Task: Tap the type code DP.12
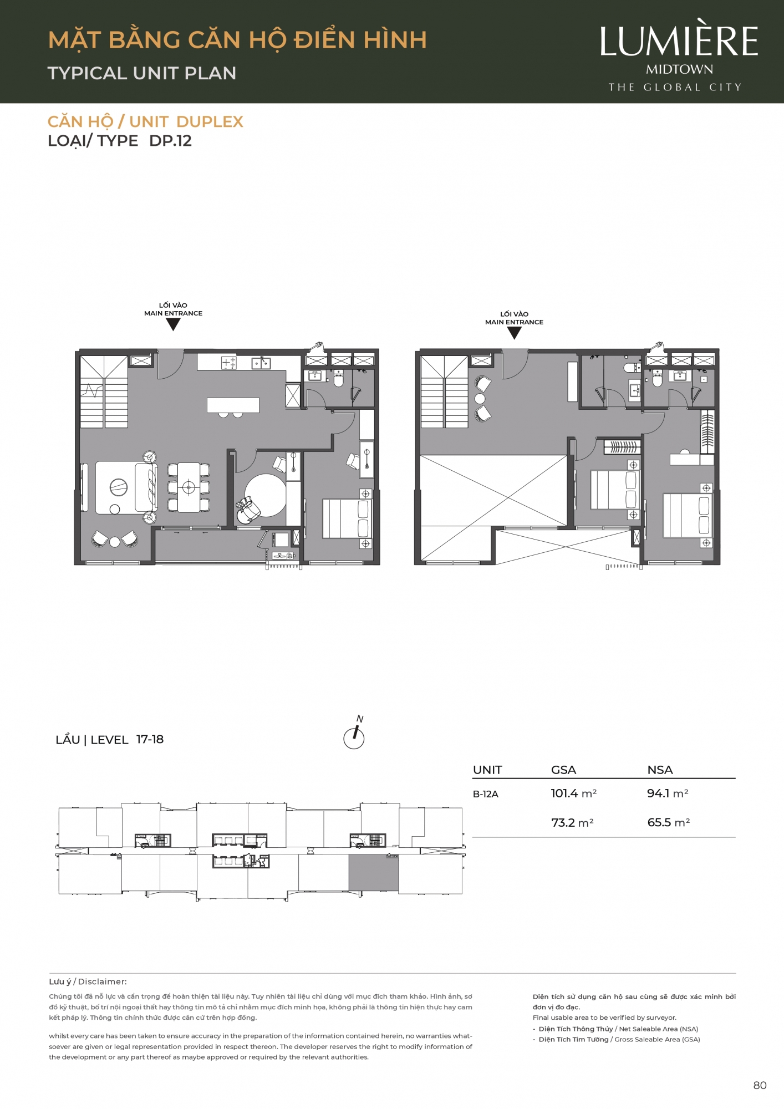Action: [170, 141]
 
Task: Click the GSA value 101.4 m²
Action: [574, 793]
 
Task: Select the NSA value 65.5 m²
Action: [669, 822]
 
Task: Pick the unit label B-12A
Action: [486, 794]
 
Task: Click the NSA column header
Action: [660, 770]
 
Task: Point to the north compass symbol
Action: [354, 732]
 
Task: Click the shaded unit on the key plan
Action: [373, 872]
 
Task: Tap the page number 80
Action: [760, 1086]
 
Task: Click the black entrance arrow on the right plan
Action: [514, 333]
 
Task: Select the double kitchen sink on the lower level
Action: [261, 363]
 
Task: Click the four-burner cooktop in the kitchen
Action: [228, 363]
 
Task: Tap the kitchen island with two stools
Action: [233, 406]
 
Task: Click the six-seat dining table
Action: [189, 487]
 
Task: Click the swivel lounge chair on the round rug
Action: [247, 510]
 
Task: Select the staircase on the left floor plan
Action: [104, 392]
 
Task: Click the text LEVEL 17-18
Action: [127, 740]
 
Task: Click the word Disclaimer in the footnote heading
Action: [102, 981]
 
